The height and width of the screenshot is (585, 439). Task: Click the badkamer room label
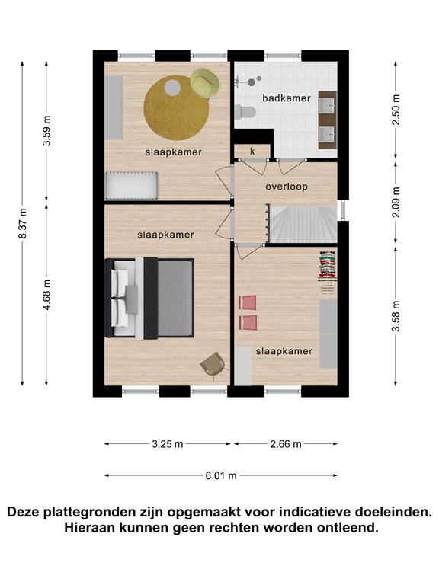tap(287, 98)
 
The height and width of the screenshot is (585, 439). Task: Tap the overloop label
tap(287, 187)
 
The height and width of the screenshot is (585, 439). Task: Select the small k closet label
tap(252, 151)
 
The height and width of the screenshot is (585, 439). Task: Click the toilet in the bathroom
tap(245, 110)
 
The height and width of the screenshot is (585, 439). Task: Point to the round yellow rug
tap(176, 108)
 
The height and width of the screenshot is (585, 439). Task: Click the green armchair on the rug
tap(204, 83)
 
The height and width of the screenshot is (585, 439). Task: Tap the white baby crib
tap(131, 185)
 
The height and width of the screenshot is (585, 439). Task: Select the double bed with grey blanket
tap(149, 299)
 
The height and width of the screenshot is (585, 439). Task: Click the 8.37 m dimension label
tap(23, 223)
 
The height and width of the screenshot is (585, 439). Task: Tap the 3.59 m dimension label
tap(46, 130)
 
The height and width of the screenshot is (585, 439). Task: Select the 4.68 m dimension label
tap(46, 295)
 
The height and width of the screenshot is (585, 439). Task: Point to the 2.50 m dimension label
tap(396, 110)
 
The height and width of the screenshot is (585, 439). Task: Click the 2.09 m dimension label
tap(396, 202)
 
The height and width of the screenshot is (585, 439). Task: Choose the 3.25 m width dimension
tap(168, 444)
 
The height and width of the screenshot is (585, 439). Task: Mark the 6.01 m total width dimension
tap(221, 475)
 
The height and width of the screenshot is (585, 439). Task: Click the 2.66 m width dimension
tap(286, 444)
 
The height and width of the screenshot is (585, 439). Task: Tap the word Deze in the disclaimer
tap(24, 512)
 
